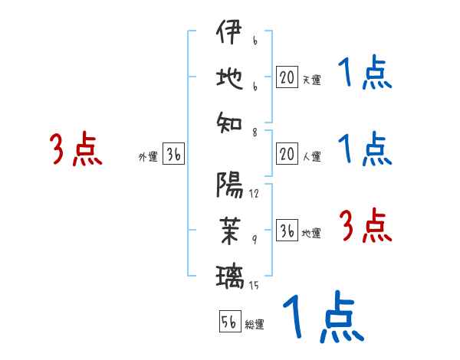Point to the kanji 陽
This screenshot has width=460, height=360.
pos(229,185)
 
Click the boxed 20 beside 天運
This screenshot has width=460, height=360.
pos(287,77)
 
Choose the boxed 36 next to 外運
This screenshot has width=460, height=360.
pos(173,155)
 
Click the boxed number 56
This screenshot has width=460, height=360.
pos(229,322)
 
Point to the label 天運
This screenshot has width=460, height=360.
pos(311,79)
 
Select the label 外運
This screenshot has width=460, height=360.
pos(147,157)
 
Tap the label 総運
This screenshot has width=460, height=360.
pos(255,324)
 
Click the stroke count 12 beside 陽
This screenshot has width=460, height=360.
pos(254,193)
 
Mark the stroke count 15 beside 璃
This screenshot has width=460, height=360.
pos(254,286)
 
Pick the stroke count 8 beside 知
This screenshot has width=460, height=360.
pos(254,132)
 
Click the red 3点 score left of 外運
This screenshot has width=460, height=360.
pos(76,148)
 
